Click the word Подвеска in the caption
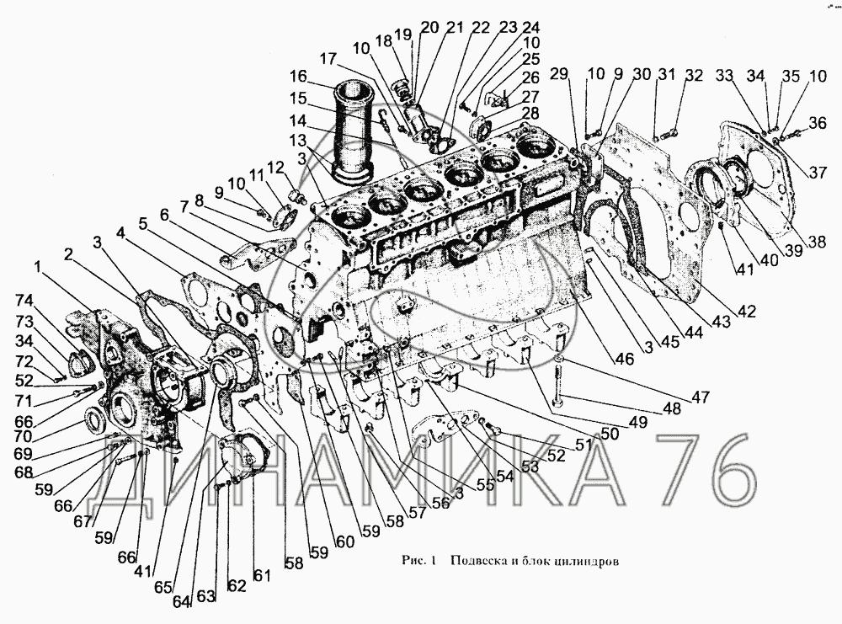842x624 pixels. pos(479,562)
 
